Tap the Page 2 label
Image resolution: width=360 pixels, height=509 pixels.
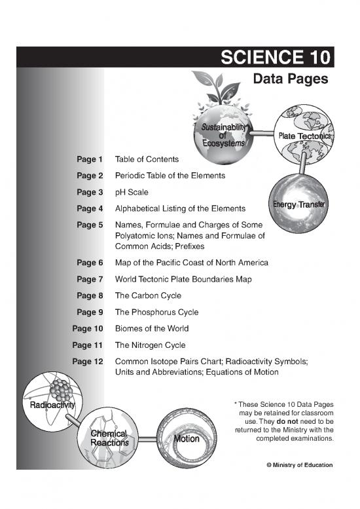90,176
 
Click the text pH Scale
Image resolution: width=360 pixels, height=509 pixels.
132,192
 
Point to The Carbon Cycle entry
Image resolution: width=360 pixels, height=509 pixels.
148,295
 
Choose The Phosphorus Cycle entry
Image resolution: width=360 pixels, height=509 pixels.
156,312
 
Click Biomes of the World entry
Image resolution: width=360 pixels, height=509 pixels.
151,328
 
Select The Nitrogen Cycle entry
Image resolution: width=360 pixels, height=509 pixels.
150,345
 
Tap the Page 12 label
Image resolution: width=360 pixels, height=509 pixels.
88,361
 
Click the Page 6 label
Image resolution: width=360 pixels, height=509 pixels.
90,263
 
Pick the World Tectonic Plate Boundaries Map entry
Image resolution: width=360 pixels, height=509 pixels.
183,279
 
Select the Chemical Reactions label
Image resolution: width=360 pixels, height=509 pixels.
109,438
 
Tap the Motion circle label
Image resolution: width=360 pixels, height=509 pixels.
187,439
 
